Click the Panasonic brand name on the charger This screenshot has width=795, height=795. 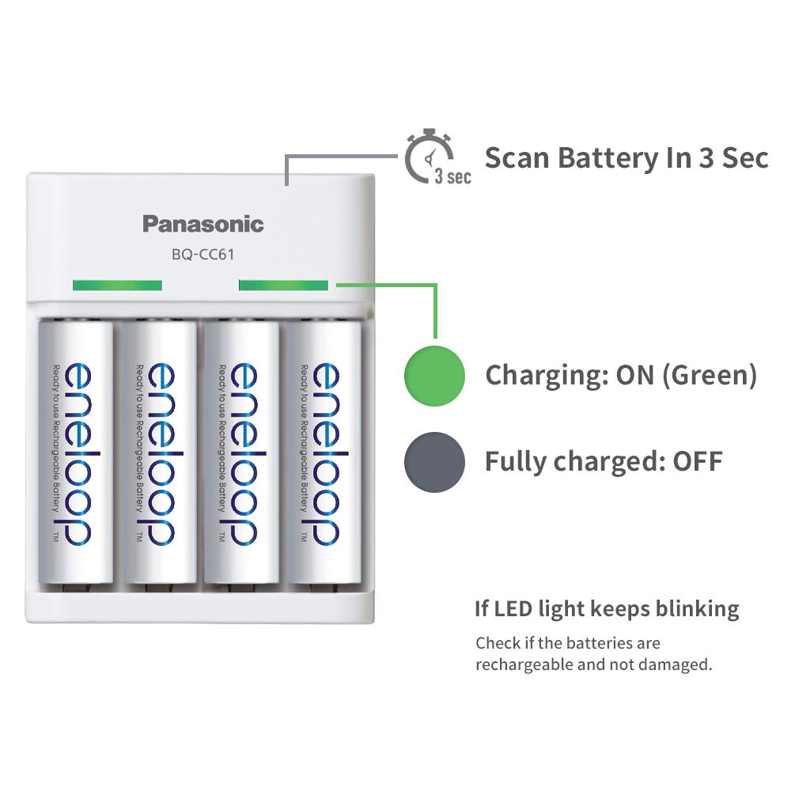tap(203, 224)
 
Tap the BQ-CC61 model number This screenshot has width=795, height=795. tap(203, 255)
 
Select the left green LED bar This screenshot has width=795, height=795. tap(116, 285)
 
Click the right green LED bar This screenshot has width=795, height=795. tap(283, 285)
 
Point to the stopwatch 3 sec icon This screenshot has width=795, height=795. tap(432, 158)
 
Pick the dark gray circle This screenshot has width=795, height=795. tap(434, 460)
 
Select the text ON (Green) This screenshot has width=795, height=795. tap(687, 375)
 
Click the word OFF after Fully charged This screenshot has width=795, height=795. tap(698, 461)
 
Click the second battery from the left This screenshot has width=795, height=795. tap(157, 454)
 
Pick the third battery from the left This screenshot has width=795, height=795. tap(242, 454)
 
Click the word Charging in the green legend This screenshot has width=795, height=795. tap(546, 375)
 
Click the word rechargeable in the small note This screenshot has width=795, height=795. tap(524, 664)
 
